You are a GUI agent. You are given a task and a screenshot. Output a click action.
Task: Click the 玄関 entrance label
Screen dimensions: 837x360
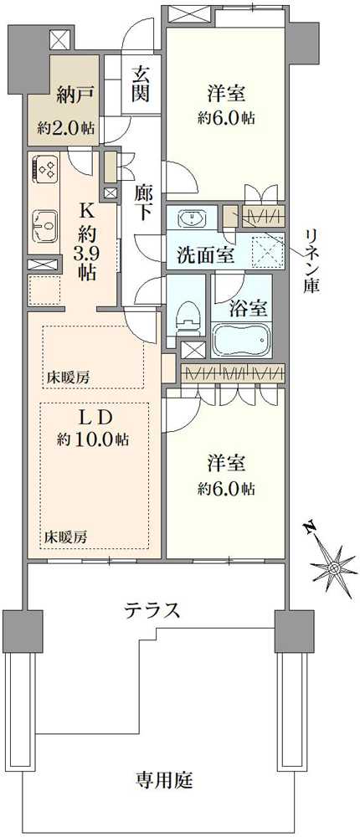point(140,83)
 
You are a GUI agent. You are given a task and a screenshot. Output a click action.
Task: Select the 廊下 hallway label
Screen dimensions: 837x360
point(143,202)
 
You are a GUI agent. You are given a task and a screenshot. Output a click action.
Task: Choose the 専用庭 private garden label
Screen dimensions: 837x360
point(165,781)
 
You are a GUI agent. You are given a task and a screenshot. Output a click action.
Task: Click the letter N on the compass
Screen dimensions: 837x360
point(309,527)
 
